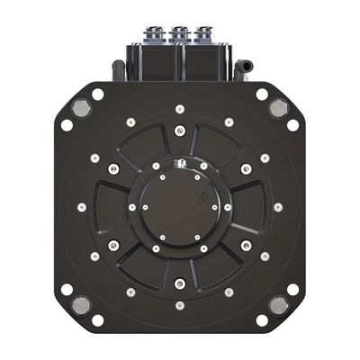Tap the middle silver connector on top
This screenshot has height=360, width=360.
181,33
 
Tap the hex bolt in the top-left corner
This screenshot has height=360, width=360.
81,108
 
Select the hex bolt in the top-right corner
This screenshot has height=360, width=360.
278,108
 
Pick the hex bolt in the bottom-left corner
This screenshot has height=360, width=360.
81,305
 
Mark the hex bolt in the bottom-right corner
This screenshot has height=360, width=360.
278,305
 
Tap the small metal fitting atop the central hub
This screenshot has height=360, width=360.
180,163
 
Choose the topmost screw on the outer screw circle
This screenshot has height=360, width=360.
180,109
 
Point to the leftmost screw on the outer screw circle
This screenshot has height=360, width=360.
82,207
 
